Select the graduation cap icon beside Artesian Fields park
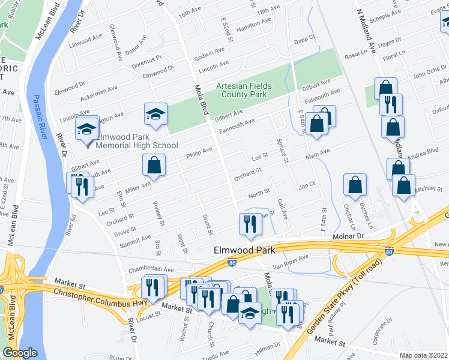155,115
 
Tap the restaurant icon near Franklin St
250,224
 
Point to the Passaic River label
40,117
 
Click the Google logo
20,353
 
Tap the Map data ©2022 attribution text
423,355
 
